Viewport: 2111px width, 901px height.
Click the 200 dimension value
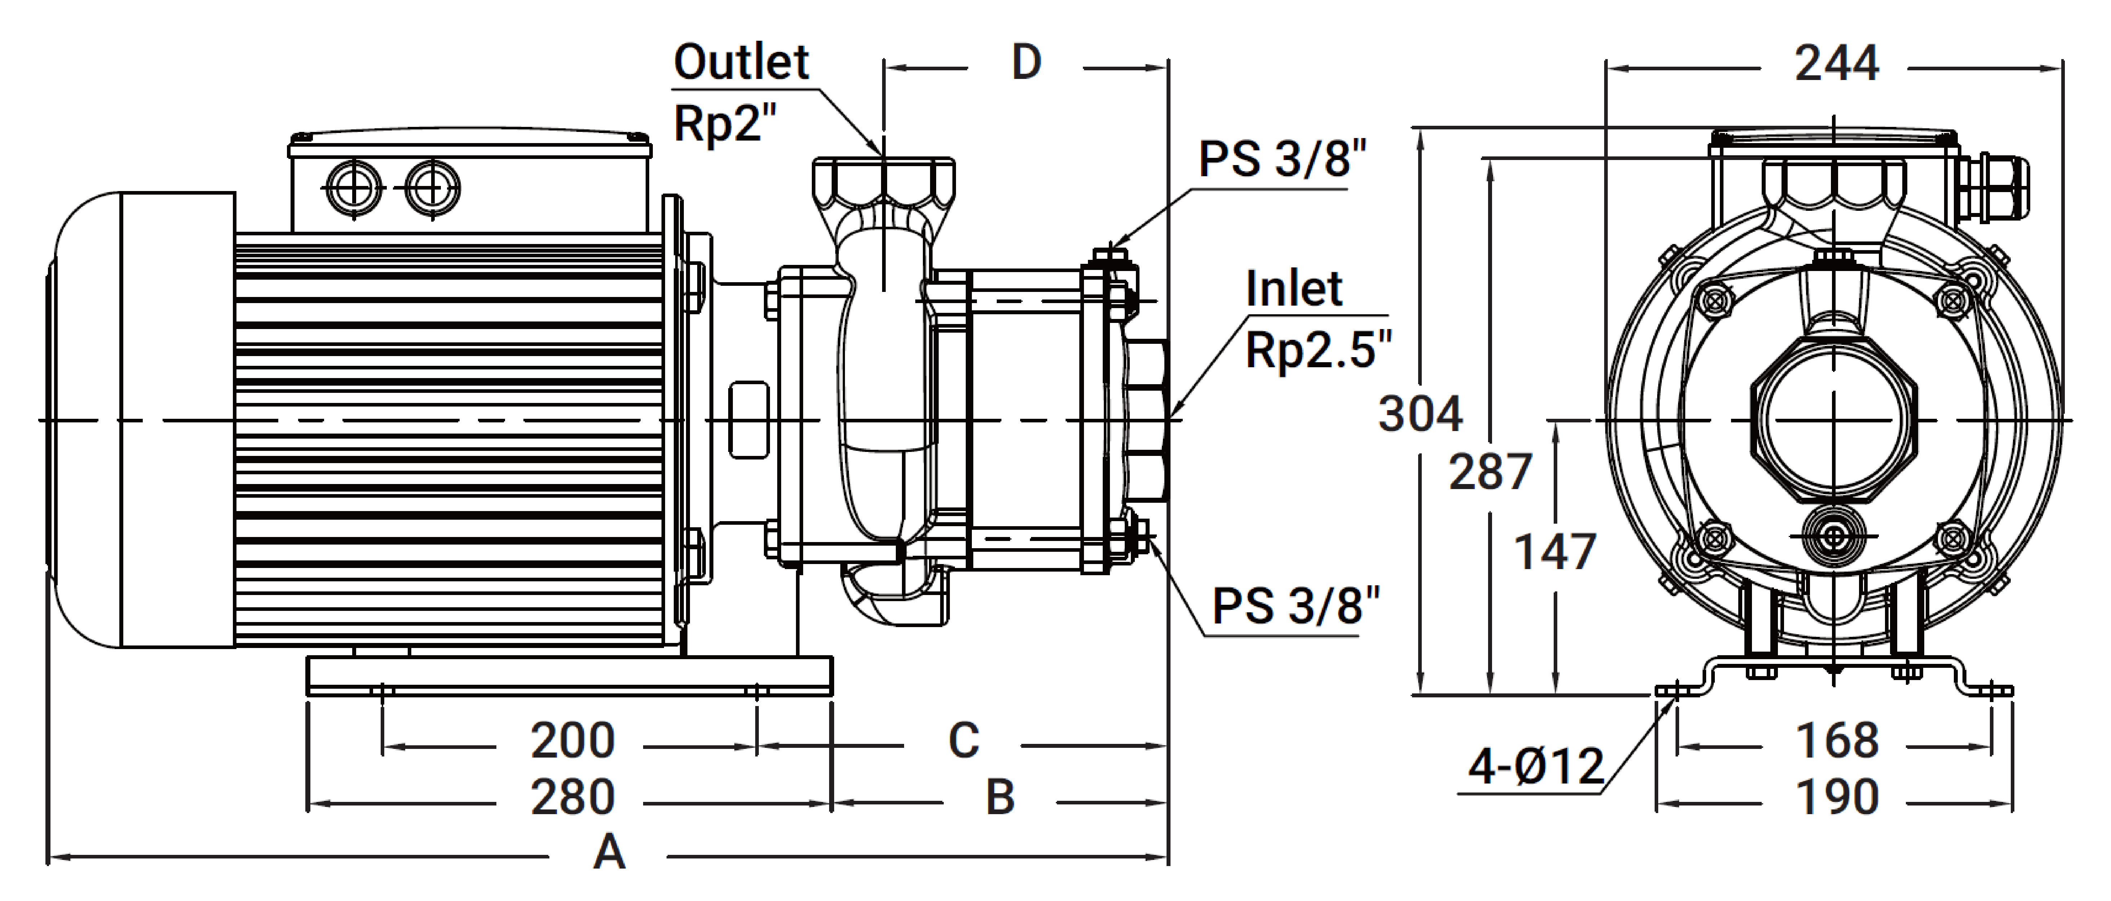572,741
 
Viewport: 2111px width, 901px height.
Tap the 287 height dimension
1490,472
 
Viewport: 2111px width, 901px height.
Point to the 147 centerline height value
1554,552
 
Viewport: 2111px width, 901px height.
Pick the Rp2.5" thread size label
1318,350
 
